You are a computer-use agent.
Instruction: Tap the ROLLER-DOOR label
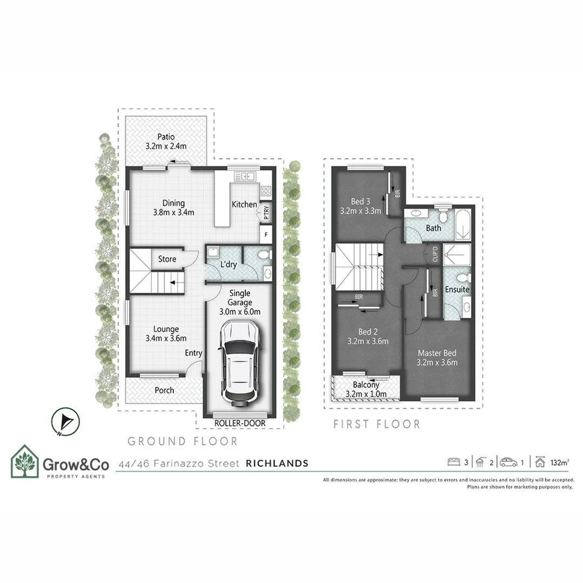coord(240,423)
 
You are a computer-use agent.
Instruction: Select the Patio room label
coord(166,137)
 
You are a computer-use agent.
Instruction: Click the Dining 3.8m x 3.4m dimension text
coord(174,212)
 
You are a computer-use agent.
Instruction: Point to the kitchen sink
coord(246,176)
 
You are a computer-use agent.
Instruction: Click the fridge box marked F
coord(266,234)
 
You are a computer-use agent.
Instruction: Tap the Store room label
coord(167,259)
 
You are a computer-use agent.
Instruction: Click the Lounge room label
coord(166,329)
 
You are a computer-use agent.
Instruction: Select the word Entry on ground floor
coord(193,353)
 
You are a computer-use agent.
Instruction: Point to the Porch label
coord(165,390)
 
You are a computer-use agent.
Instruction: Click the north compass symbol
coord(66,422)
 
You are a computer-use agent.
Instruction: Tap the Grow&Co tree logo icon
coord(25,463)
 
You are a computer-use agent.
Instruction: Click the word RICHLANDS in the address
coord(277,463)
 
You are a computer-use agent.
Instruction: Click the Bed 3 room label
coord(361,201)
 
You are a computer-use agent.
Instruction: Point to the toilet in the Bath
coord(443,216)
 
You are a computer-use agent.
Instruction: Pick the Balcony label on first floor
coord(366,385)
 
